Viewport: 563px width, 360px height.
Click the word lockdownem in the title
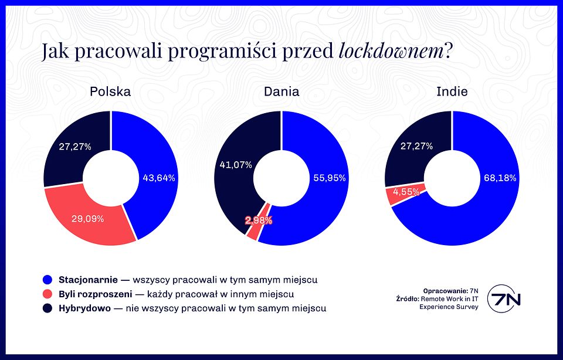coord(391,52)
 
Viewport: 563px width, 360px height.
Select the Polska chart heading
coord(110,91)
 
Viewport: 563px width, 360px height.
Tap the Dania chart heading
coord(281,91)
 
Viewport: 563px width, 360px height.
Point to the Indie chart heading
coord(452,91)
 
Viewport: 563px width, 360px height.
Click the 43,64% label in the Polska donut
coord(159,178)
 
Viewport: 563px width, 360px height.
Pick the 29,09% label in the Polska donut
coord(87,219)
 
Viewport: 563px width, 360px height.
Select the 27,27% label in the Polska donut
coord(74,147)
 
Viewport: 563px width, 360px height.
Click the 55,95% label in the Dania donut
coord(330,178)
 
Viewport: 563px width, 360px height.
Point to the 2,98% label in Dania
coord(258,220)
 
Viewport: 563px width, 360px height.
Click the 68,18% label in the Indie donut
coord(500,178)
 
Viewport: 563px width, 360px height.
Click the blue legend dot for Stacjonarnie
coord(48,280)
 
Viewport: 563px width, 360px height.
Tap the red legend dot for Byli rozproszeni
coord(48,294)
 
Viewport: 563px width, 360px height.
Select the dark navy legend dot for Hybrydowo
coord(48,308)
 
